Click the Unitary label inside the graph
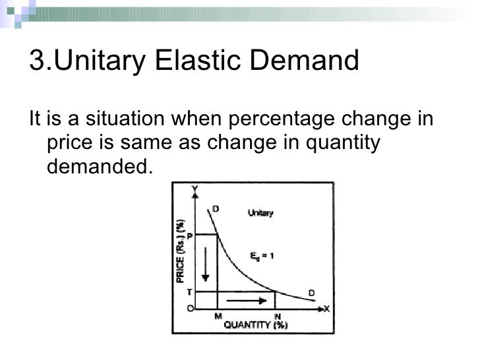[x=260, y=213]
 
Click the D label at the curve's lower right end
[x=312, y=293]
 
